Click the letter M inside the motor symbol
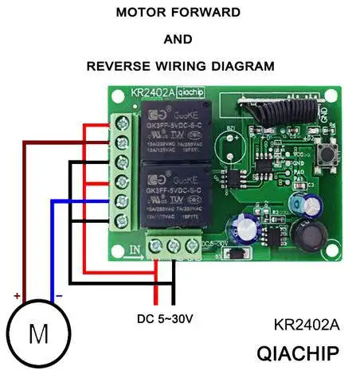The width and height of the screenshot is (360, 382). click(38, 333)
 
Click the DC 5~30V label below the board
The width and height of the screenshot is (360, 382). click(166, 318)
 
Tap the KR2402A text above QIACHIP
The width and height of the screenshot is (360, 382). click(306, 325)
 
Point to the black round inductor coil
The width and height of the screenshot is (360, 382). click(305, 236)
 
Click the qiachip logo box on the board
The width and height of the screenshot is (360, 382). click(189, 93)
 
